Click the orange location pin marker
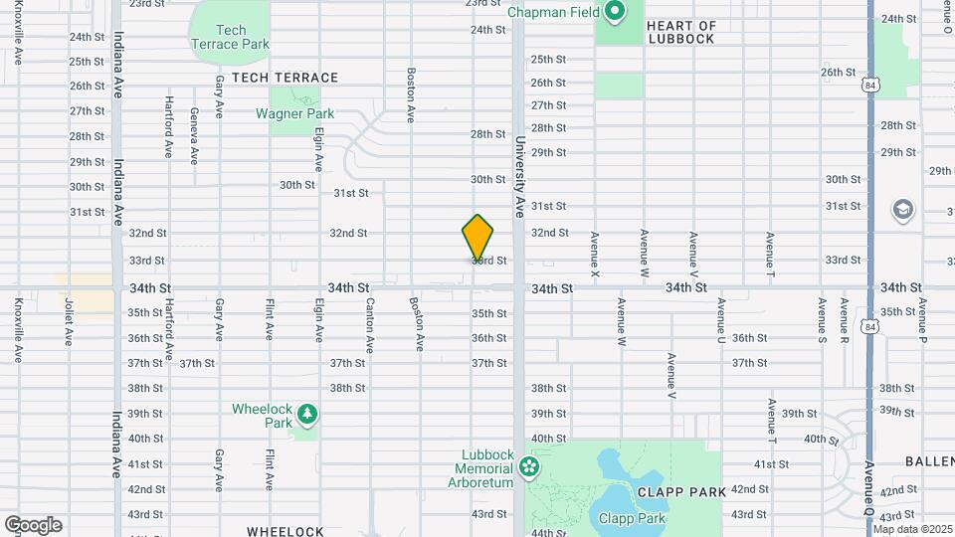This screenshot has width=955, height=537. (477, 237)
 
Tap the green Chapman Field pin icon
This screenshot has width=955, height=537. (615, 12)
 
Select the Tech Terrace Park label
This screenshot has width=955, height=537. (231, 38)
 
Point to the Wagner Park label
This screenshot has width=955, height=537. (294, 113)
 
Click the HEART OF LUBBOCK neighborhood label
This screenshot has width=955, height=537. (680, 32)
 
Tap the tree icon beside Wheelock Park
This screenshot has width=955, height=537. (307, 412)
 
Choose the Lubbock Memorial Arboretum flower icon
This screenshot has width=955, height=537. (529, 465)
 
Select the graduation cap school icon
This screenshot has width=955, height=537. (902, 210)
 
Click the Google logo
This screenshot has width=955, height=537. (33, 525)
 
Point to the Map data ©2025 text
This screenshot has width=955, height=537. (913, 529)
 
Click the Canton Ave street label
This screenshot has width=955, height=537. (369, 325)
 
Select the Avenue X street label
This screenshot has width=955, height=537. (595, 254)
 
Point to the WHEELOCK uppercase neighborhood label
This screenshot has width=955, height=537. (286, 531)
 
